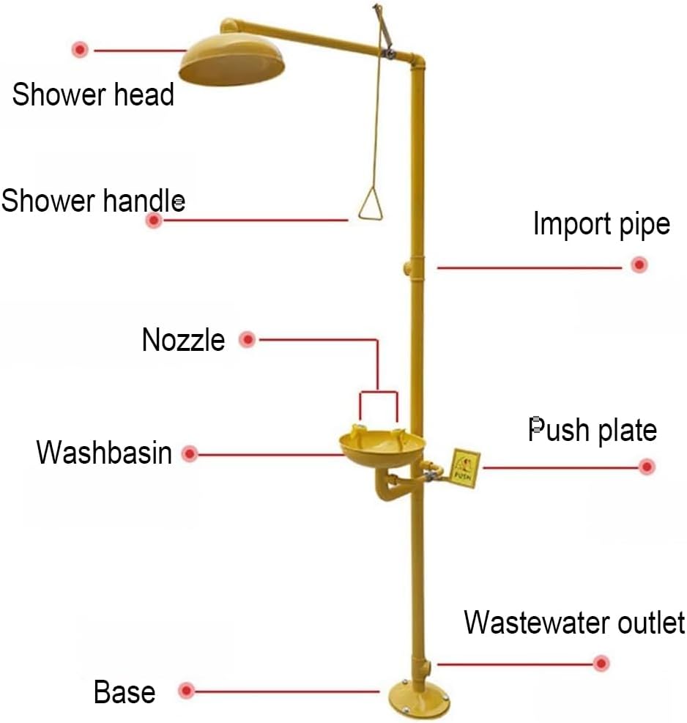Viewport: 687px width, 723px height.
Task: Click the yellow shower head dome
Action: [x=231, y=60]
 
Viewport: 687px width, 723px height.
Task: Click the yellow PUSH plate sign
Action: [x=465, y=468]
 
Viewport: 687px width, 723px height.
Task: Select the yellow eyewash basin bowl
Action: [x=382, y=446]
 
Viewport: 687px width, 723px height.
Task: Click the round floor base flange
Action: [x=419, y=699]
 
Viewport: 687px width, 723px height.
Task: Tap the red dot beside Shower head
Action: [x=81, y=49]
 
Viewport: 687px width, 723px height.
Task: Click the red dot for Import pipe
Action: [x=639, y=264]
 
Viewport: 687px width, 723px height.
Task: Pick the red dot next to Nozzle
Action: [x=248, y=340]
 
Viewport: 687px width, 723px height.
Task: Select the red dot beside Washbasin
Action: [x=190, y=454]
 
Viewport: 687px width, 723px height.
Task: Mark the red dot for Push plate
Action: [x=647, y=467]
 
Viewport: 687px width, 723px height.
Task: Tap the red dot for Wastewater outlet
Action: [x=601, y=664]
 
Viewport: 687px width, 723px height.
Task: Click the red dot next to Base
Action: [x=186, y=691]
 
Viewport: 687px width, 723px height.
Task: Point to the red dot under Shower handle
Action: [x=154, y=220]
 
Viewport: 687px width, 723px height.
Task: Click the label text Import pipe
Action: [x=601, y=225]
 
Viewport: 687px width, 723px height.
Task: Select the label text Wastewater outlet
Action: [x=574, y=623]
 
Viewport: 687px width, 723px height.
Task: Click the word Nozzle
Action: [x=184, y=341]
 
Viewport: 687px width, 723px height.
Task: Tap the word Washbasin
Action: [x=104, y=453]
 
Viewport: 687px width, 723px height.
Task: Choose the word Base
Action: [x=125, y=692]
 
